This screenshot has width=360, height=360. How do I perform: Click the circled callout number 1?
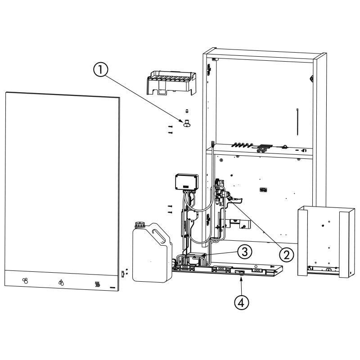[x=101, y=70]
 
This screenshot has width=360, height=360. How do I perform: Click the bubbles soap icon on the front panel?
[x=26, y=281]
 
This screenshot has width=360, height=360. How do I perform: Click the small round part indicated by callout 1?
[x=187, y=123]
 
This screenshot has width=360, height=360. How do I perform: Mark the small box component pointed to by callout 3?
[x=196, y=260]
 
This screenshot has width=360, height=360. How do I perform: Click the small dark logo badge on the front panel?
[x=113, y=286]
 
